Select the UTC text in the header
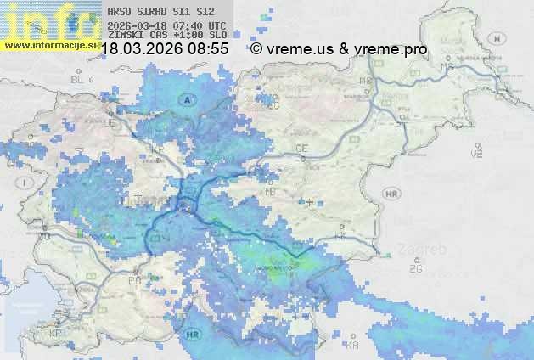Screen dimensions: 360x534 (216, 25)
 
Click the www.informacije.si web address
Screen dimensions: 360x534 (50, 45)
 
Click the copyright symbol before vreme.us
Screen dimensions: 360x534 (256, 50)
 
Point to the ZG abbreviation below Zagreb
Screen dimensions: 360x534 (415, 269)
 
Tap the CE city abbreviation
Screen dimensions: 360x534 (301, 149)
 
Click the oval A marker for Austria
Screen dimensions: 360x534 (186, 100)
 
